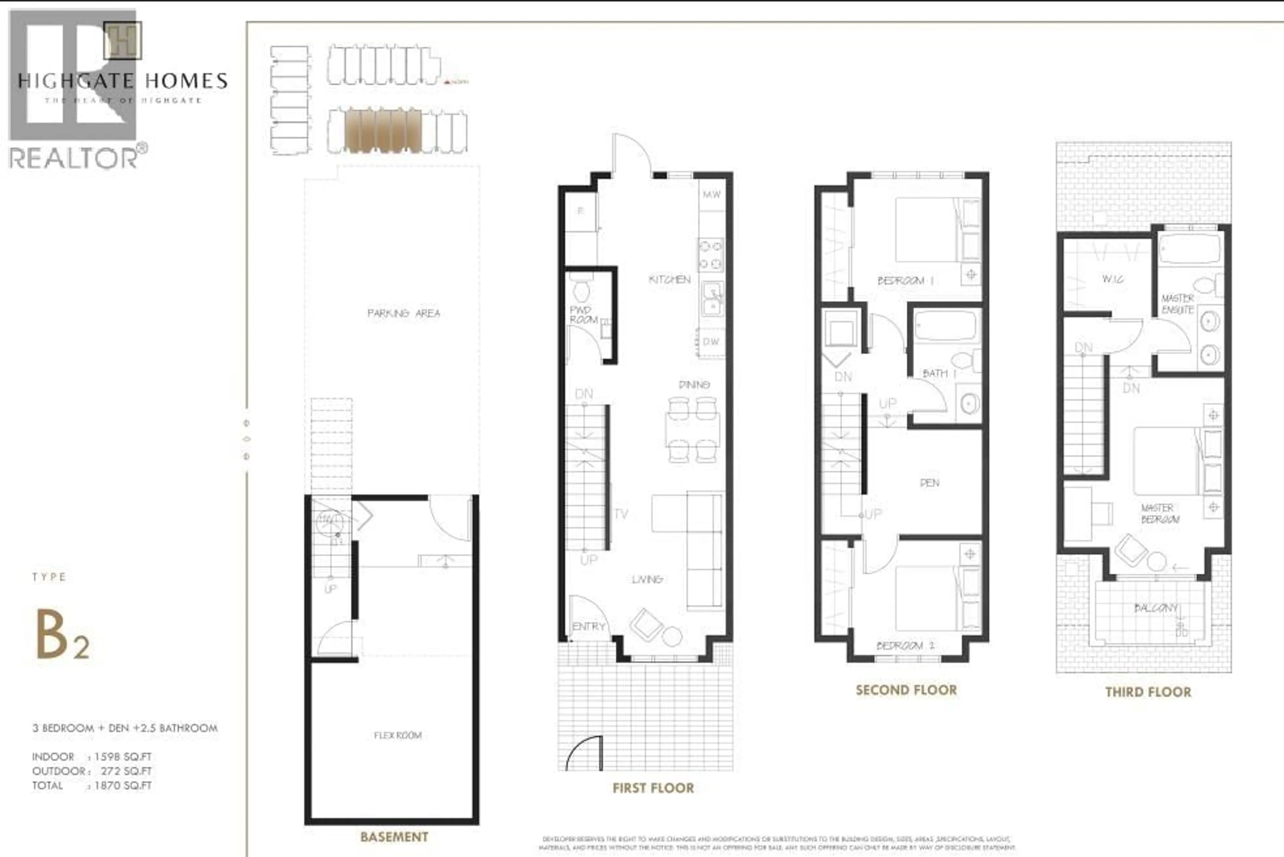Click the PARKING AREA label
403,313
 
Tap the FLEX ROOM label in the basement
397,735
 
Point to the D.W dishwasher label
711,342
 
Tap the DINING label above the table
694,385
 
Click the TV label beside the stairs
622,514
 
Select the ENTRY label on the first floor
589,626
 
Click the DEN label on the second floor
929,483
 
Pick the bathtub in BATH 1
945,326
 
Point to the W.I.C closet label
1113,279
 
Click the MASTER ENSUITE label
1177,304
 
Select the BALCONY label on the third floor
1155,608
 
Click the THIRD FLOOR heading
1148,692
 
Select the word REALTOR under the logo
74,158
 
